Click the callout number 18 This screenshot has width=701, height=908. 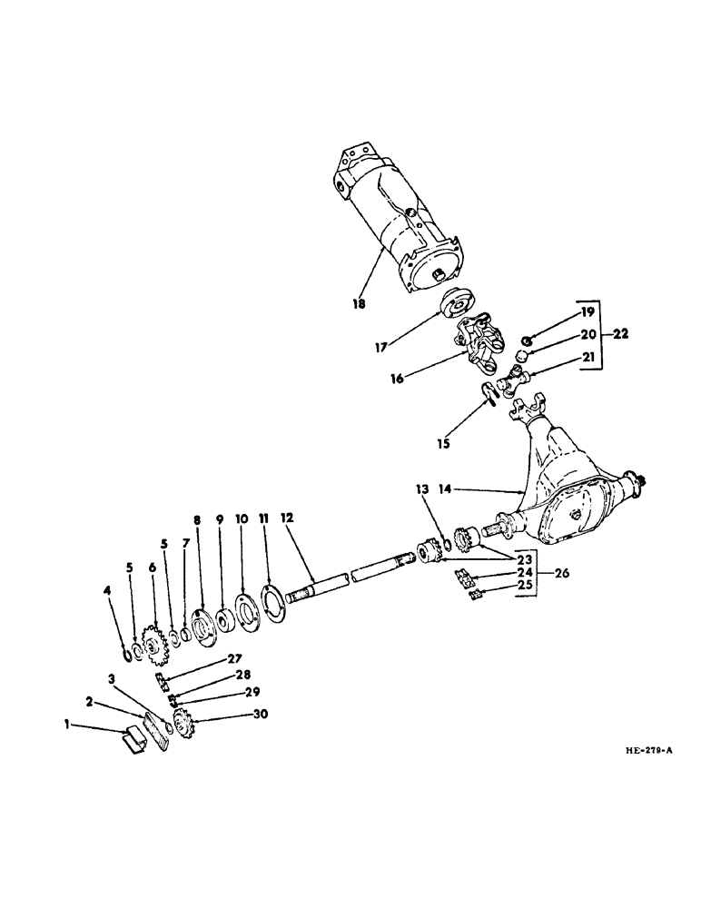[x=360, y=304]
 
